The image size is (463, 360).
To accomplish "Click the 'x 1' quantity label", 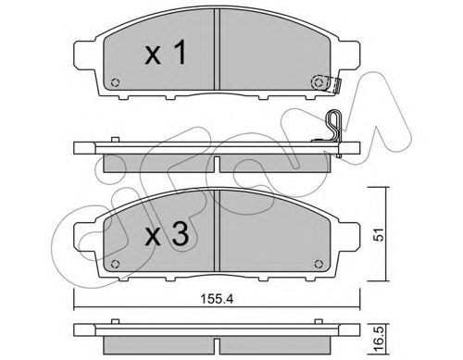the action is point(166,53).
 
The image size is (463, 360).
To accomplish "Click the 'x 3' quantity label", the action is point(167,234).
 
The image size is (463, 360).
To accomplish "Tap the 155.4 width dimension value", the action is point(217,299).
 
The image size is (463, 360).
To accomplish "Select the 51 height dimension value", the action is point(380,234).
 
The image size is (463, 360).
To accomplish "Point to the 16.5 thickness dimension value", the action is point(380,339).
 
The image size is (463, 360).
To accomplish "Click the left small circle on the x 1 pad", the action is point(116,82).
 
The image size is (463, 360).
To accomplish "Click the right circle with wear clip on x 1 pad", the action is point(319,82).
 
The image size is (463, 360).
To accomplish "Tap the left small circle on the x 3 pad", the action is point(116,264).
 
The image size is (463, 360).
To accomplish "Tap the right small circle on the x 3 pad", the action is point(319,264).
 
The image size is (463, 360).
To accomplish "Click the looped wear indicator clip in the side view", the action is point(333,127).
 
